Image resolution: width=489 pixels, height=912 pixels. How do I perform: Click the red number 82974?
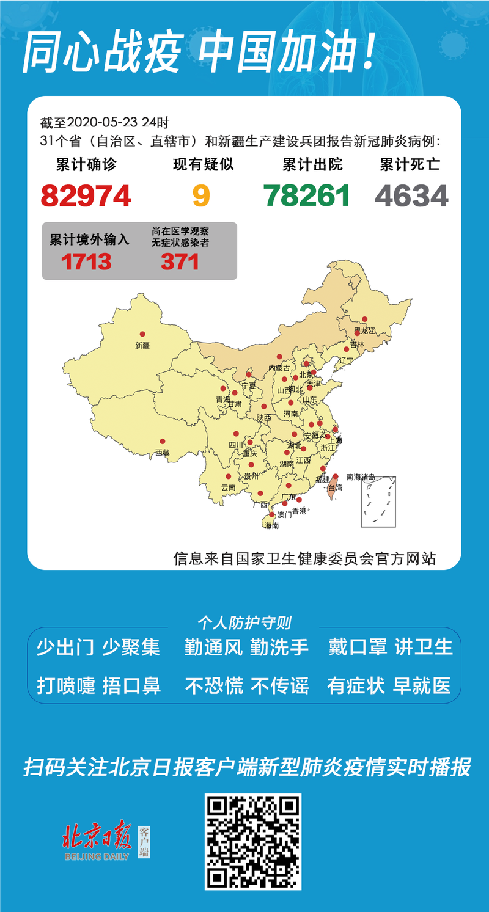click(x=86, y=195)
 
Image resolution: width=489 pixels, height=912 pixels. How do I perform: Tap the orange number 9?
click(x=201, y=195)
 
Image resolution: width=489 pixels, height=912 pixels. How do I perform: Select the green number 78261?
click(x=307, y=195)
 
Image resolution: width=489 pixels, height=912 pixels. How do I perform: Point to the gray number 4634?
click(x=411, y=195)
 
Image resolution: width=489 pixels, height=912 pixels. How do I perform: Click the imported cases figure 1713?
click(x=86, y=262)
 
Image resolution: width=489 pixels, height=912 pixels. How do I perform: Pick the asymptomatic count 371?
click(x=180, y=262)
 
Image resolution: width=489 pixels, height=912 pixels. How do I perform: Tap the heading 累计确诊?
click(x=86, y=164)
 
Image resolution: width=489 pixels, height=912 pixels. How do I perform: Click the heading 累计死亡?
click(x=410, y=164)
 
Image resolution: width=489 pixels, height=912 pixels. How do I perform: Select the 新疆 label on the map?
click(x=142, y=345)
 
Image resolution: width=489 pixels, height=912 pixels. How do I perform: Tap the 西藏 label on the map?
click(x=162, y=453)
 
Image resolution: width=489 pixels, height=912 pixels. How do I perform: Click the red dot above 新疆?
click(x=142, y=334)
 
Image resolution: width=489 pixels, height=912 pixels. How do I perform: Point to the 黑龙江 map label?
click(x=364, y=330)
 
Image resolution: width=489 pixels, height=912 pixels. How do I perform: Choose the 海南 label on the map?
click(x=272, y=525)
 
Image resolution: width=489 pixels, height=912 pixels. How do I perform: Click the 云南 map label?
click(x=228, y=487)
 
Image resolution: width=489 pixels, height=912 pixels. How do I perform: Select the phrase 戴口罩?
click(x=358, y=647)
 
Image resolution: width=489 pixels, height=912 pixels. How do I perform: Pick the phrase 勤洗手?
click(x=279, y=647)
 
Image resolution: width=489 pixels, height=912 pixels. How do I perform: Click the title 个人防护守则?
click(x=244, y=622)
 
